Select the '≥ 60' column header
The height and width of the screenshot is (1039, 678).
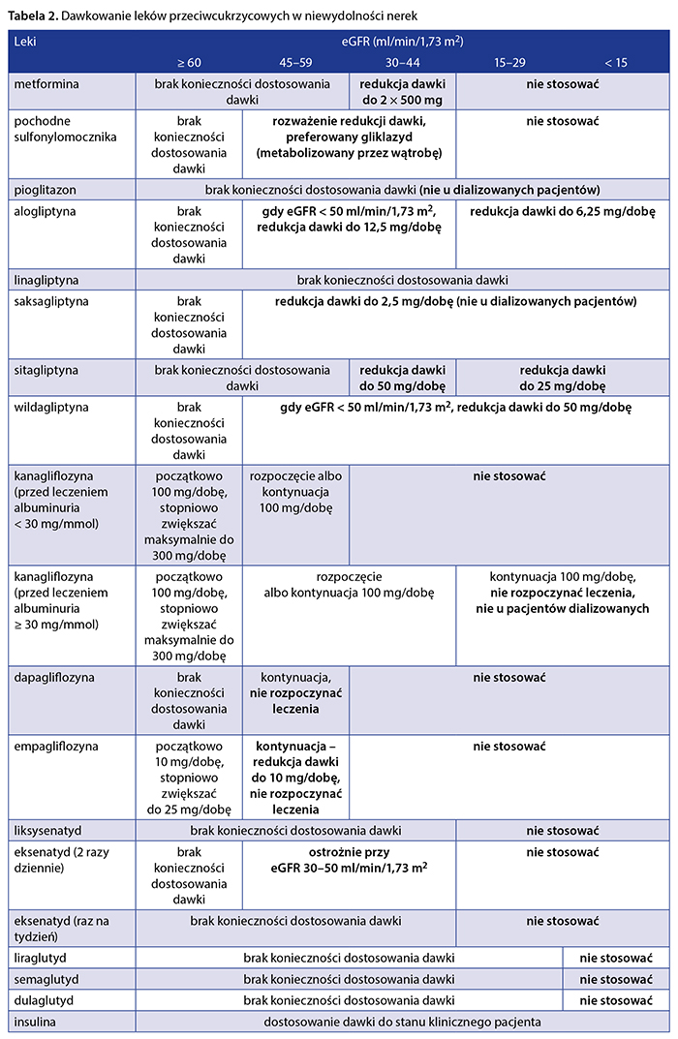[189, 62]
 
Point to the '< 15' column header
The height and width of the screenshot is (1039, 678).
[616, 62]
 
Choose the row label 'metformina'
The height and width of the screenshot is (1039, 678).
[47, 84]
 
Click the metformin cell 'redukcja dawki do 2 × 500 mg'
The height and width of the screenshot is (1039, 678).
[403, 92]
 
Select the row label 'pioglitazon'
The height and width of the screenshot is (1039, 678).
[45, 188]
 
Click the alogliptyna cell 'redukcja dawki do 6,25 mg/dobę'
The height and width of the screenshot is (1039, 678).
[562, 211]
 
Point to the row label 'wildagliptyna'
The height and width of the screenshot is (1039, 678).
[50, 408]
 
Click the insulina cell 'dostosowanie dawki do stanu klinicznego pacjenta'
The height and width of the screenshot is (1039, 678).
[403, 1022]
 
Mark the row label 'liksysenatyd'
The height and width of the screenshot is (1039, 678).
[48, 830]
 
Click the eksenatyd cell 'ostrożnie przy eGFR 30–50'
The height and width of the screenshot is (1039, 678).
[349, 860]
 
